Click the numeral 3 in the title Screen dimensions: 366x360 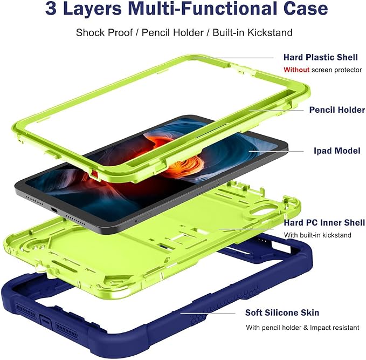51,9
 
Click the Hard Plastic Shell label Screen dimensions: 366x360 321,57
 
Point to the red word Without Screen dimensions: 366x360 296,70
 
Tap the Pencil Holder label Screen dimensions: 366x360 337,110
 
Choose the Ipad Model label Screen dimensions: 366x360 337,151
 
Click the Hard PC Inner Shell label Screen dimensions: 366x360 324,222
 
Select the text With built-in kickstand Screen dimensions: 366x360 317,235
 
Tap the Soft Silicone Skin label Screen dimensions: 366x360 282,313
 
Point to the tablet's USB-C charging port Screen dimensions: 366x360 54,210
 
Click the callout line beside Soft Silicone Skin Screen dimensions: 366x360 208,313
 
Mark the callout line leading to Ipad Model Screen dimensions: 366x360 276,151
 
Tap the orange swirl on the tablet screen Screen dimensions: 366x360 177,154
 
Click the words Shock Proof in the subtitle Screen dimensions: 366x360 105,32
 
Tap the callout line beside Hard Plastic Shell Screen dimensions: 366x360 233,58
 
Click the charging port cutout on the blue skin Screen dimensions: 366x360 46,322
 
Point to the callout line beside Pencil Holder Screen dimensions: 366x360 276,110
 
